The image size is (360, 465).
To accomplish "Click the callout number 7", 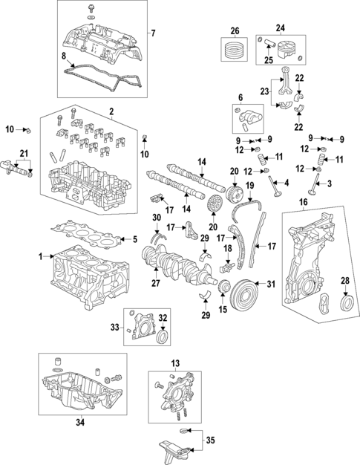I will click(153, 33).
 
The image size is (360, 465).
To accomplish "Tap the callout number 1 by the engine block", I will click(41, 256).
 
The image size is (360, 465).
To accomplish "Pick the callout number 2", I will click(111, 112).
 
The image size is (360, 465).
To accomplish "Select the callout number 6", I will click(240, 97).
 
